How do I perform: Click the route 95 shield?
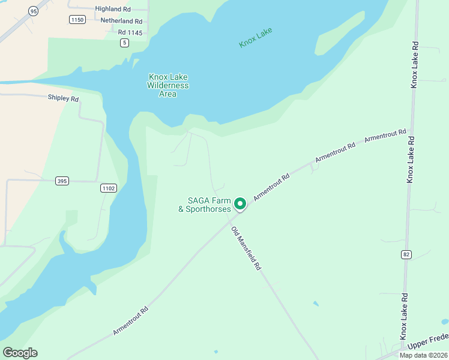(x=32, y=11)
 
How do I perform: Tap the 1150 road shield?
(x=77, y=20)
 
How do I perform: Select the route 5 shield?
(x=124, y=42)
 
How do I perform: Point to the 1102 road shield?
(x=108, y=188)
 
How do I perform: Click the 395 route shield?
(x=62, y=181)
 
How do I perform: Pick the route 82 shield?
(x=407, y=254)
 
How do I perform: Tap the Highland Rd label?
(x=113, y=9)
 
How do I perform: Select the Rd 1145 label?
(x=130, y=32)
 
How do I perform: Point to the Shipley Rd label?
(x=64, y=98)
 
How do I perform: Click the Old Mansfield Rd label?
(x=247, y=248)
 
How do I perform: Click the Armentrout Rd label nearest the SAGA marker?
(x=271, y=187)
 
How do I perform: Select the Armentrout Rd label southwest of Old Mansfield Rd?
(x=130, y=322)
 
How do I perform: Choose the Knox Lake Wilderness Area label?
(x=168, y=85)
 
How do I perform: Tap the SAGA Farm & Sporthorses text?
(x=205, y=205)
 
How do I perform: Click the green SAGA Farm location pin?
(x=240, y=204)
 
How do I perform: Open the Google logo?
(x=20, y=353)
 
